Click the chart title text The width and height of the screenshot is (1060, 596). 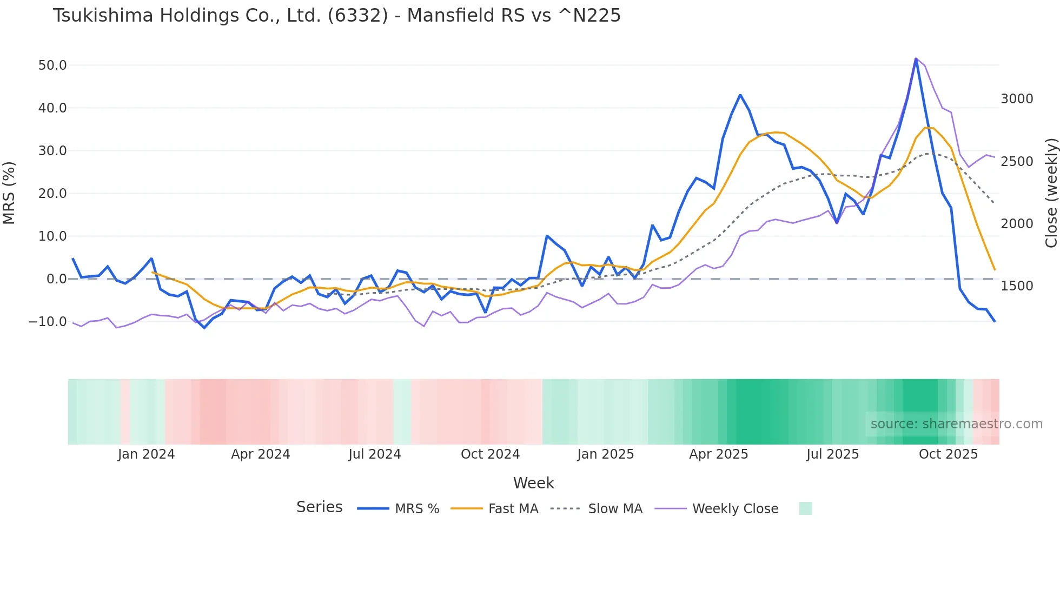pos(336,16)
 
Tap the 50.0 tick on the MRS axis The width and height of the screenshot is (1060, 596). pos(52,65)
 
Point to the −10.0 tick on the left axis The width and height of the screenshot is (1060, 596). pos(48,322)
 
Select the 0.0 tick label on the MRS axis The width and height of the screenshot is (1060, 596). pos(56,279)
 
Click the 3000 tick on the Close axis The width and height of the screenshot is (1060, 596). pos(1017,99)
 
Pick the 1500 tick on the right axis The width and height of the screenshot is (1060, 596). pos(1017,286)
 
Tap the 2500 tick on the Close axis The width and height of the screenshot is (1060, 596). pos(1017,162)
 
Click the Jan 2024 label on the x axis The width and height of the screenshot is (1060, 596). pos(146,454)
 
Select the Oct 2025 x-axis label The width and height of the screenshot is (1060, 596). pos(948,454)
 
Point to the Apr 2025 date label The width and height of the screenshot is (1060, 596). pos(718,454)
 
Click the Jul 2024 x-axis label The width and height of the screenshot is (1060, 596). pos(374,454)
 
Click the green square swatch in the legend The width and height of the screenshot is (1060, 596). pos(805,508)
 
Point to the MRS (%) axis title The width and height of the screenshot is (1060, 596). pos(9,193)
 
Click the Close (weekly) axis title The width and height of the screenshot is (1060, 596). pos(1051,193)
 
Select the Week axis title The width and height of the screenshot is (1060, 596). pos(533,483)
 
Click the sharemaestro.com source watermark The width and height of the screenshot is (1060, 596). pos(956,424)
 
